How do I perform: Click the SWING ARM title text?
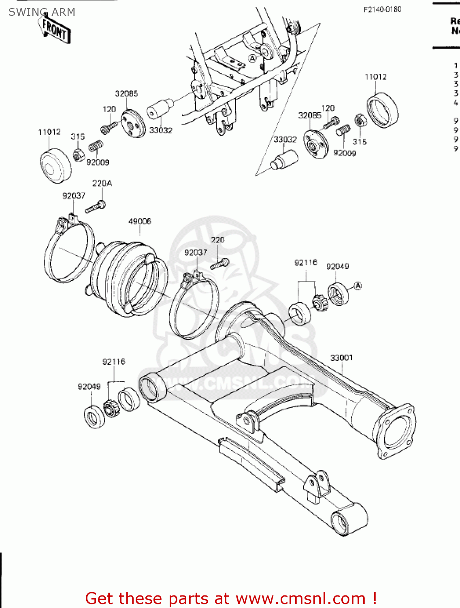(x=42, y=12)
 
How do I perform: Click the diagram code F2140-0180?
(x=382, y=9)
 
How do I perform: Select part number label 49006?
(x=140, y=221)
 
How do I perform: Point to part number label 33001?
(x=341, y=358)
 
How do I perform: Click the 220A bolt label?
(x=102, y=184)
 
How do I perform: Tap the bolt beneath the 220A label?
(x=96, y=208)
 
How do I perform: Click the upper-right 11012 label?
(x=375, y=77)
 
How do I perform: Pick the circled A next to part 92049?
(x=358, y=286)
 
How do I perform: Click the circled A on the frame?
(x=252, y=58)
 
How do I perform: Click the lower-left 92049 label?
(x=89, y=387)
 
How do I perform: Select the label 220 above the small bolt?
(x=217, y=240)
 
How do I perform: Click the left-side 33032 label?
(x=161, y=131)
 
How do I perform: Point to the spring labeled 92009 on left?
(x=96, y=146)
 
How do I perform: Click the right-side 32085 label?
(x=310, y=116)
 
